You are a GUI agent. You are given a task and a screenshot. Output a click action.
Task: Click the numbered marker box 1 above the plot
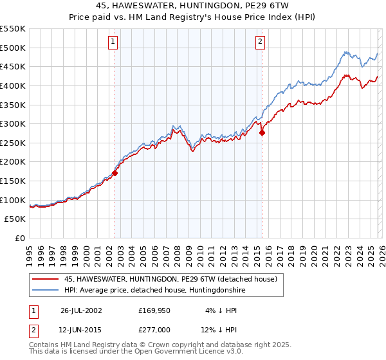pos(113,42)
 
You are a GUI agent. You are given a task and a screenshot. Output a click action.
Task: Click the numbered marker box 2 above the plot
pos(260,42)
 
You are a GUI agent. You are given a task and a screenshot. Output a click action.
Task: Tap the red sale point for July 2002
pos(115,173)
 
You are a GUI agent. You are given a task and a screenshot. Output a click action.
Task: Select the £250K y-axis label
pos(13,143)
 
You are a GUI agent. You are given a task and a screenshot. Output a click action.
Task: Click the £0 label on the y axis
pos(21,238)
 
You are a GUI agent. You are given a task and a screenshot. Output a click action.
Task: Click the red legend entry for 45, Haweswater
pos(170,279)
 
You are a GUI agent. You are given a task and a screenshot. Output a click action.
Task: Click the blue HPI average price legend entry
pos(155,291)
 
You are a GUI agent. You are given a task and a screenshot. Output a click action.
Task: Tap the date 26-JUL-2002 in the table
pos(81,310)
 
